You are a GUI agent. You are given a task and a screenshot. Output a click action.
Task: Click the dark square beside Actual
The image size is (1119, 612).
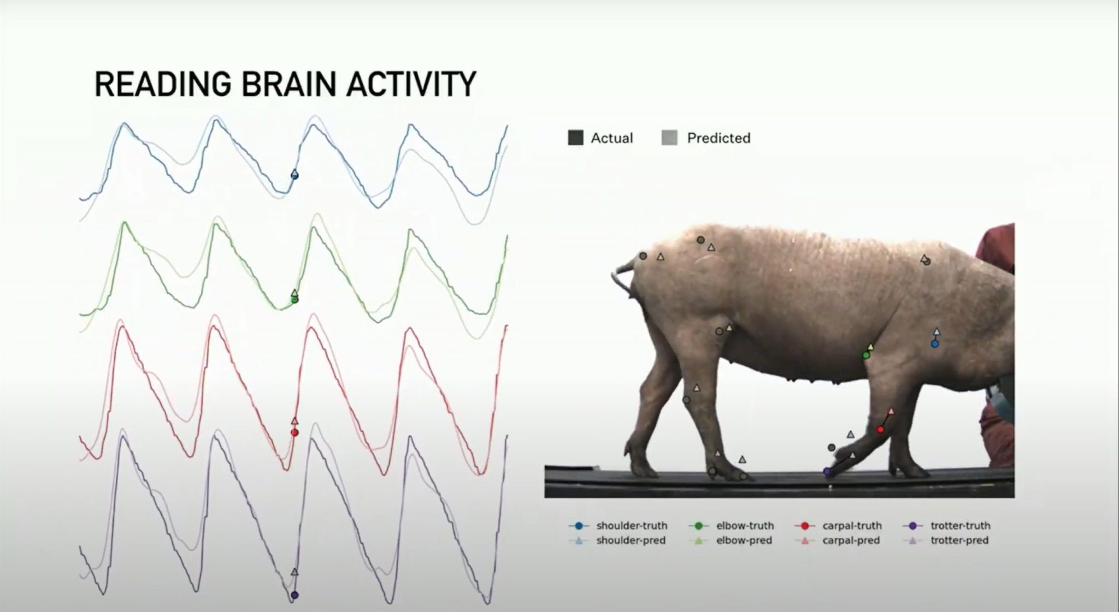[575, 138]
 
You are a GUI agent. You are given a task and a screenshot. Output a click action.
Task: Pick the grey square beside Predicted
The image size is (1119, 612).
[669, 138]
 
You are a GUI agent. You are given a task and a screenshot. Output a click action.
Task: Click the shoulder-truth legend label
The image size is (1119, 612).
[632, 526]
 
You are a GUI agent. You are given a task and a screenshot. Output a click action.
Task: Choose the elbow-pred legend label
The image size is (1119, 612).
[744, 540]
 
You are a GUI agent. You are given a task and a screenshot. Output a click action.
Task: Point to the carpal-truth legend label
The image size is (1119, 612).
[852, 526]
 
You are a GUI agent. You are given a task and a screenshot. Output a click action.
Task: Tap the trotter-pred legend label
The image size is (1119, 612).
[959, 540]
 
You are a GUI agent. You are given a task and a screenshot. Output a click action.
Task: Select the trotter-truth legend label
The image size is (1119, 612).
[961, 526]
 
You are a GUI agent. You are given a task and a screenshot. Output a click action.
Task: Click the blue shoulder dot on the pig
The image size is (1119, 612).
[935, 344]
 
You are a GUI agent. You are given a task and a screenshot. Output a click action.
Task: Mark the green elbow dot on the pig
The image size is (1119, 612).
[866, 355]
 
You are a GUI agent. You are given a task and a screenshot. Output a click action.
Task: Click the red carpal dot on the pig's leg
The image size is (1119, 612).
[880, 430]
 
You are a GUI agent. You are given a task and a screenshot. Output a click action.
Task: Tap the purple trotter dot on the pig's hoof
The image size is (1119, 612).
[827, 472]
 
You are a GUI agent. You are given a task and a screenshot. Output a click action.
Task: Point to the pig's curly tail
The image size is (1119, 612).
[623, 277]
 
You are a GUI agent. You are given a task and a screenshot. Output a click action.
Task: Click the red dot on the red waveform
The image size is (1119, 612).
[295, 432]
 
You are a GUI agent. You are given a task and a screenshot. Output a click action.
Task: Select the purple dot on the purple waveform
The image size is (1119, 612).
[295, 595]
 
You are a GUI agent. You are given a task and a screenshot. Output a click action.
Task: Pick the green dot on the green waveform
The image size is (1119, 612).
[295, 299]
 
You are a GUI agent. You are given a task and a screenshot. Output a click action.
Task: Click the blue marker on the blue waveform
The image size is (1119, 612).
[295, 175]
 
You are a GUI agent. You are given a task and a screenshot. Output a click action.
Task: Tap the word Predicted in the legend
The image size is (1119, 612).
[718, 138]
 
